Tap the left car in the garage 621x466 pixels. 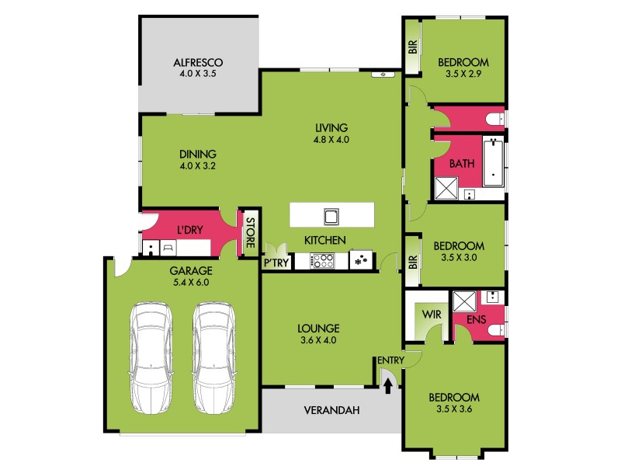click(152, 357)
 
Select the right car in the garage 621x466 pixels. click(214, 357)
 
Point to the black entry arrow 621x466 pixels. click(388, 386)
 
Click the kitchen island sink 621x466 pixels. click(331, 215)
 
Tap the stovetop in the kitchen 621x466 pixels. click(322, 261)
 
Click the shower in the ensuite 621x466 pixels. click(464, 301)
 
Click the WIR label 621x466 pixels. click(432, 315)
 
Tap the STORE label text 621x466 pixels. click(250, 233)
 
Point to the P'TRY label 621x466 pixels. click(276, 263)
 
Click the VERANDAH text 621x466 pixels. click(331, 410)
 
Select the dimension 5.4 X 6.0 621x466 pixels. click(190, 283)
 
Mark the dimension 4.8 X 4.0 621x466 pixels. click(331, 141)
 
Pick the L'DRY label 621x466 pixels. click(189, 231)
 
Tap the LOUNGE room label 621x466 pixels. click(319, 328)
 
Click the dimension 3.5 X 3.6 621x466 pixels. click(455, 410)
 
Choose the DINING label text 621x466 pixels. click(197, 153)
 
